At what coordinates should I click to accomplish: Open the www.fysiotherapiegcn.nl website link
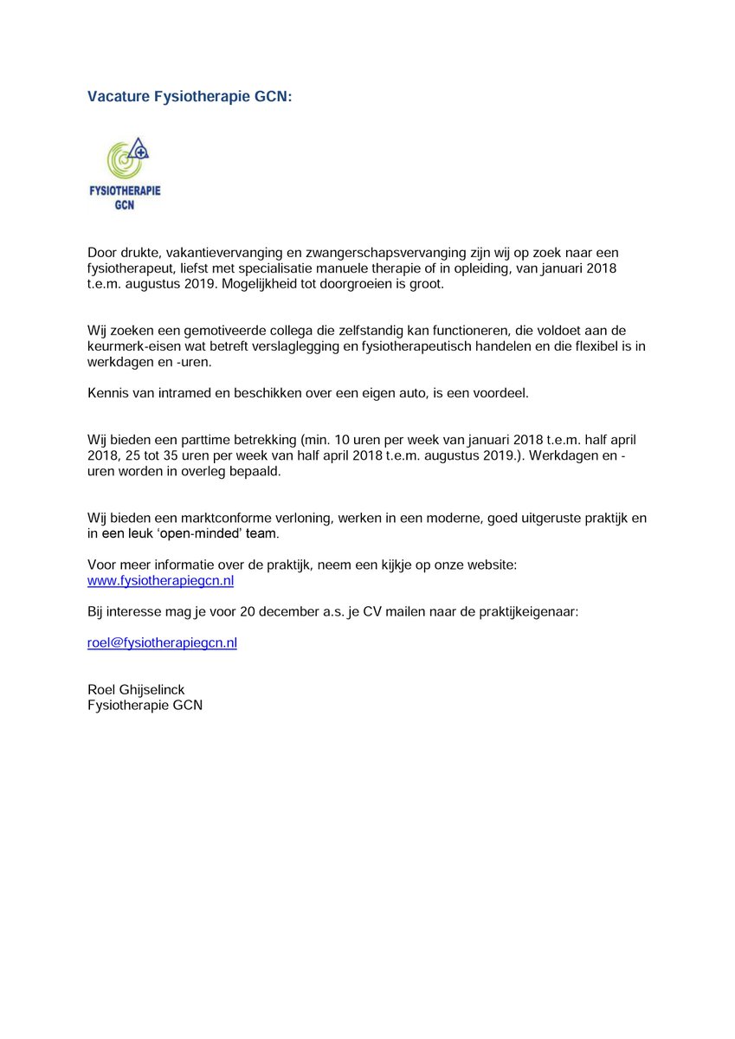coord(161,581)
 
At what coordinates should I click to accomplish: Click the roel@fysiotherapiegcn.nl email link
coord(162,643)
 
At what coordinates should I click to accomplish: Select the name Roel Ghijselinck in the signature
coord(136,689)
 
